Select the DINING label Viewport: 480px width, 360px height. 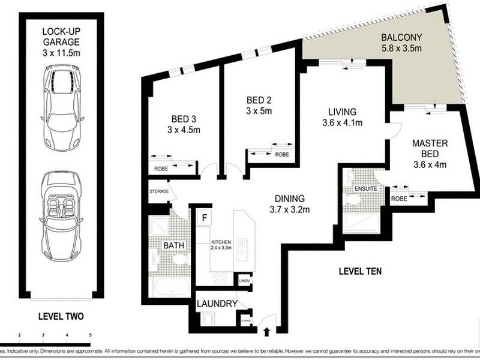[x=290, y=198]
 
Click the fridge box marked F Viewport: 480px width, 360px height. [x=204, y=218]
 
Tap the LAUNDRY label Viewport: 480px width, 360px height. [x=217, y=304]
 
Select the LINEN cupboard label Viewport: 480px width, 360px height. [x=244, y=281]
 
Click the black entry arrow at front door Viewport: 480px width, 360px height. [x=267, y=331]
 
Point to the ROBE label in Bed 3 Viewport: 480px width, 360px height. [x=160, y=169]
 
